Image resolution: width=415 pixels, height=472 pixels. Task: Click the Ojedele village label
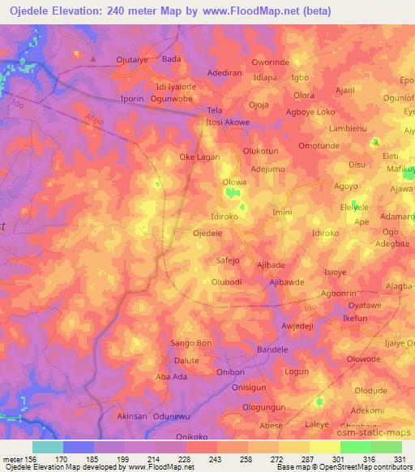point(207,233)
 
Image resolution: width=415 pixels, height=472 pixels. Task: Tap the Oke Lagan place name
point(199,157)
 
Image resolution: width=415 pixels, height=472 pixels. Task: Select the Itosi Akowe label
point(228,122)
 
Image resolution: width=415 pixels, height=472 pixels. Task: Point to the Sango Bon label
point(190,343)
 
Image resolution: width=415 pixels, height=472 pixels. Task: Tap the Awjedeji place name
point(297,326)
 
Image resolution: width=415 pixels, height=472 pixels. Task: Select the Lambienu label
point(349,128)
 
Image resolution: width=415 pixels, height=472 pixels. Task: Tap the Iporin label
point(132,99)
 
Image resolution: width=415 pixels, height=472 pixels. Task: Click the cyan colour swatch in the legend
point(48,447)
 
